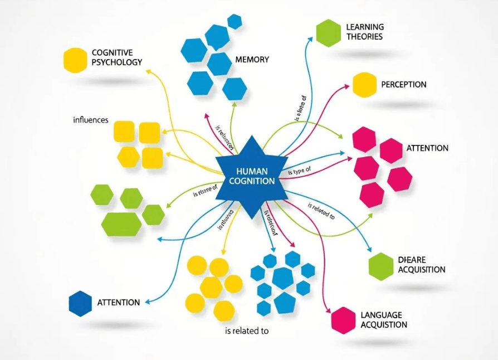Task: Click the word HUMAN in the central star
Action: (252, 172)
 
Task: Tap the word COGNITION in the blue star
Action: (252, 181)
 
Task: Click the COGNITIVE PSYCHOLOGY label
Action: (116, 57)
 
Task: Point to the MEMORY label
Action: (252, 60)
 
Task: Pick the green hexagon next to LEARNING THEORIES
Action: (328, 32)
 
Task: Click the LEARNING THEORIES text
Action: (364, 32)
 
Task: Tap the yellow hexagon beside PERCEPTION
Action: (364, 85)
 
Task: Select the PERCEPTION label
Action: (403, 85)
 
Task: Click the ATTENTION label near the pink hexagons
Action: (427, 148)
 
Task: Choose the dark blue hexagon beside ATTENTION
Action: (80, 303)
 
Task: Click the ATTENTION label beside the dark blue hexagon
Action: (119, 303)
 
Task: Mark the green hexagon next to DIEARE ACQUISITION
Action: (381, 266)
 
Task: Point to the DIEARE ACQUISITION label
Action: (422, 265)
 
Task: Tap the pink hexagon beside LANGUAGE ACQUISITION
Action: (343, 320)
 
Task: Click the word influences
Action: (90, 120)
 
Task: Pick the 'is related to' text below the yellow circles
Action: (247, 330)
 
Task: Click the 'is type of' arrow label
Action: (299, 172)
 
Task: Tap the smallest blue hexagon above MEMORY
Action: (235, 22)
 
